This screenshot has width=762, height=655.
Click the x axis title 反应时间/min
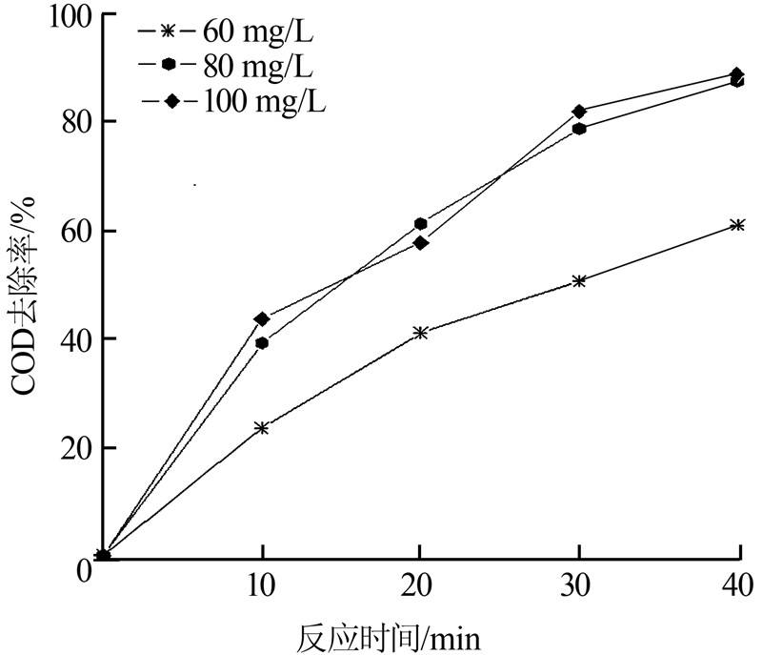(x=401, y=634)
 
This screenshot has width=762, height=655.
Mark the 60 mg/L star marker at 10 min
(x=262, y=428)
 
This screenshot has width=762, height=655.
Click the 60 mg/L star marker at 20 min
(x=420, y=333)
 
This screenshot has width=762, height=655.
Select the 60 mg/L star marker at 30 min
(x=579, y=281)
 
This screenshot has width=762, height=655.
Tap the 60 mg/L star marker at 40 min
(x=736, y=225)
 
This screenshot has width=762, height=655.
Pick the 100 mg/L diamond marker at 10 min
(x=262, y=318)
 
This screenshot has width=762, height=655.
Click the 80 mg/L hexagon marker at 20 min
(x=420, y=224)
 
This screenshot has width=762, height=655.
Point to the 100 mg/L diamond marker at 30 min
(x=579, y=112)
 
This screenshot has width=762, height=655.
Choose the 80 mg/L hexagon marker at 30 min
(x=579, y=129)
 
